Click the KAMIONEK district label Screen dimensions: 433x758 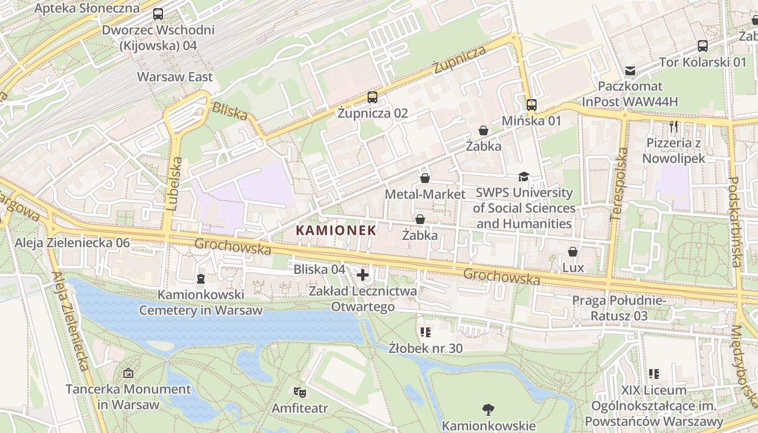(x=336, y=230)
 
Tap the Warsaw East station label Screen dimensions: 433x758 (x=175, y=77)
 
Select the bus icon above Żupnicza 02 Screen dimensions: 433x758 (x=372, y=97)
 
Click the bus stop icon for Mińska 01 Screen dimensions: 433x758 (x=531, y=104)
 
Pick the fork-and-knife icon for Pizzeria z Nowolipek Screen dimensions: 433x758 (x=674, y=127)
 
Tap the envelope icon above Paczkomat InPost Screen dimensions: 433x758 (x=630, y=71)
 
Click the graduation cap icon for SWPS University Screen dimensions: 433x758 (x=524, y=176)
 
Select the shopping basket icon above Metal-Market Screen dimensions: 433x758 (x=425, y=178)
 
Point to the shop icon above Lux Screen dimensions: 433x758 (x=573, y=252)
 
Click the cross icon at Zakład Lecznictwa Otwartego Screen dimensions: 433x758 (x=363, y=275)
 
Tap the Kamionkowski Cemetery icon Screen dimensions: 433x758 (x=201, y=279)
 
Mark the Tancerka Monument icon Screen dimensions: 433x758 (x=128, y=373)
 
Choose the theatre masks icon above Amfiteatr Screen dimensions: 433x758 (x=299, y=391)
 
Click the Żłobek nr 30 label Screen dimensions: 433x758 (x=426, y=348)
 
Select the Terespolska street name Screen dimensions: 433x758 (x=618, y=184)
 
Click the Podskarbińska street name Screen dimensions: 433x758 (x=735, y=222)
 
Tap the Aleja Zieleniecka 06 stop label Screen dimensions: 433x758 (x=72, y=243)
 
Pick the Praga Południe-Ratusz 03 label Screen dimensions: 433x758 (x=619, y=307)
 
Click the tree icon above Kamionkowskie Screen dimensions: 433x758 (x=488, y=409)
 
